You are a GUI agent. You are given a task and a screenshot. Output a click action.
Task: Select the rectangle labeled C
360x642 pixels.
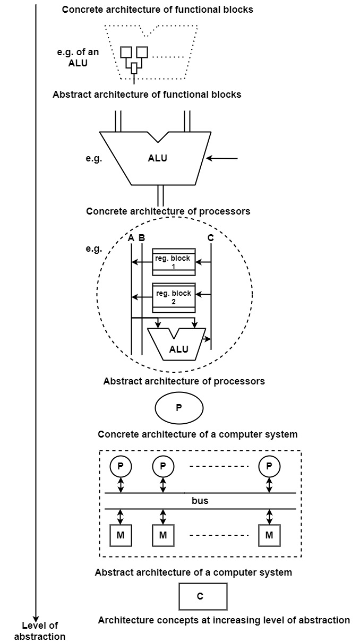pos(203,596)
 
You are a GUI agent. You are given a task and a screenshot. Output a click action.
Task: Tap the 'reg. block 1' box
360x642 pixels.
pos(174,262)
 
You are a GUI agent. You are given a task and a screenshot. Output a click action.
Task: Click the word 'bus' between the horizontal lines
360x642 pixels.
pos(200,501)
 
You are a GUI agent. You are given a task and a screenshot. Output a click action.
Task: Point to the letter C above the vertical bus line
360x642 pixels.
pos(211,238)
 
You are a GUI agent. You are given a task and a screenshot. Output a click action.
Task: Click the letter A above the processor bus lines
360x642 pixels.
pos(131,238)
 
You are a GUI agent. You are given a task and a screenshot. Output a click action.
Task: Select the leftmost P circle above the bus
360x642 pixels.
pos(121,466)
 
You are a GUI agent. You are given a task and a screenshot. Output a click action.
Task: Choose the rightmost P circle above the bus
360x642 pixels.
pos(269,466)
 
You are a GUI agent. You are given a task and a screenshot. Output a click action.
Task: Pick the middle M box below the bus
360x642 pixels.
pos(163,535)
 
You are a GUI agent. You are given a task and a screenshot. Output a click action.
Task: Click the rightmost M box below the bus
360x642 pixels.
pos(269,535)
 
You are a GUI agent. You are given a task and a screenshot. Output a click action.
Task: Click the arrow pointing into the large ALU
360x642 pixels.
pos(223,158)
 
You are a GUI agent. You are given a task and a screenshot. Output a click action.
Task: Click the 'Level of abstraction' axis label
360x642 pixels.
pos(40,631)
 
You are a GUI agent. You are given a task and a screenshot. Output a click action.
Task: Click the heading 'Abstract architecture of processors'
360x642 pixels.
pos(184,381)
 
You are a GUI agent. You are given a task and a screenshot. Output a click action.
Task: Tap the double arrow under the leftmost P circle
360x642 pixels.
pos(121,485)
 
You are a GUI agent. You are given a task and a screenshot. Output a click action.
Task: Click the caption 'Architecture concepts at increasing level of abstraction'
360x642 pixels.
pos(224,620)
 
